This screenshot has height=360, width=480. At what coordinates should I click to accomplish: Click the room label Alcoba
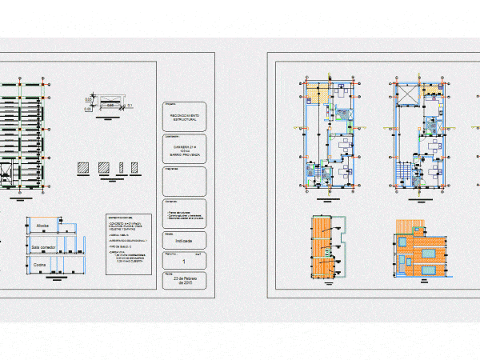click(x=42, y=226)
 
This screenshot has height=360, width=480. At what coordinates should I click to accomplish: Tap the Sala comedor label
click(x=46, y=246)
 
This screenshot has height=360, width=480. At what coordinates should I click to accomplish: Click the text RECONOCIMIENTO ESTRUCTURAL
click(x=185, y=118)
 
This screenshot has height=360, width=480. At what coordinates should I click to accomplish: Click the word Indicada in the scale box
click(x=185, y=240)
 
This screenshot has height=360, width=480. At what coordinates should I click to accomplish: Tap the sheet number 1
click(x=185, y=262)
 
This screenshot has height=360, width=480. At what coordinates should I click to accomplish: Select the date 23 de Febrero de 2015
click(x=185, y=282)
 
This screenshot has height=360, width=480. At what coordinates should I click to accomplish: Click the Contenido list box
click(x=185, y=211)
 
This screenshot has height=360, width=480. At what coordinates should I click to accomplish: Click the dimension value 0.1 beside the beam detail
click(x=130, y=105)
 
